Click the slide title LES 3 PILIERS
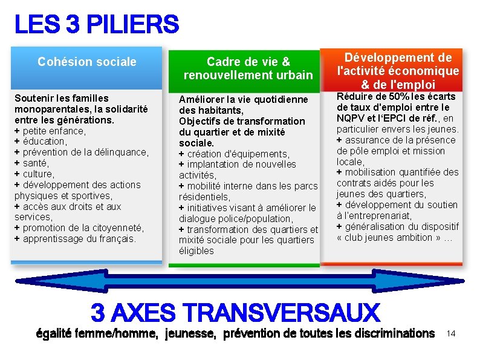(x=97, y=25)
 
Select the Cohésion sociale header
(x=86, y=62)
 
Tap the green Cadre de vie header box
(x=248, y=68)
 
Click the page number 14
(x=450, y=333)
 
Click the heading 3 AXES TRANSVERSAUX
(x=235, y=313)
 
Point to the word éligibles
(x=196, y=251)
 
